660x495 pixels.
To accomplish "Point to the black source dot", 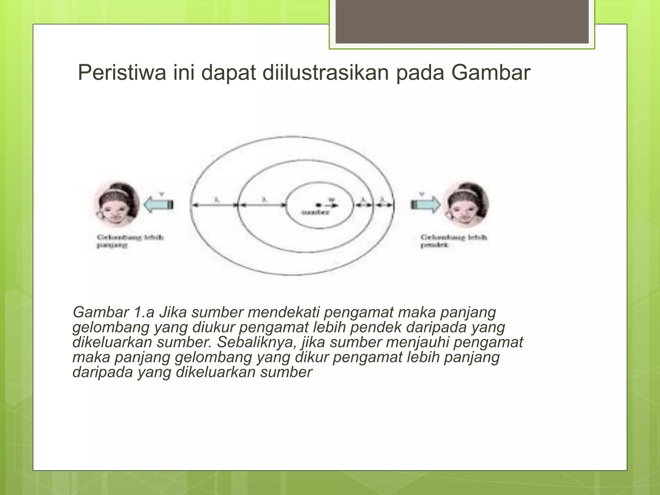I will tap(318, 205).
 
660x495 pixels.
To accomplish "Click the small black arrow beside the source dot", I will tap(333, 205).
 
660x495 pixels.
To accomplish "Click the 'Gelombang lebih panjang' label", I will tap(130, 241).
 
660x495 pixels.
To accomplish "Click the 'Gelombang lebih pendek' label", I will tap(453, 241).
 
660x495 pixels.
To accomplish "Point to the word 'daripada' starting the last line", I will tap(102, 372).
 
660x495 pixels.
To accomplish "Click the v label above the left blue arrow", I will tap(162, 194).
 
